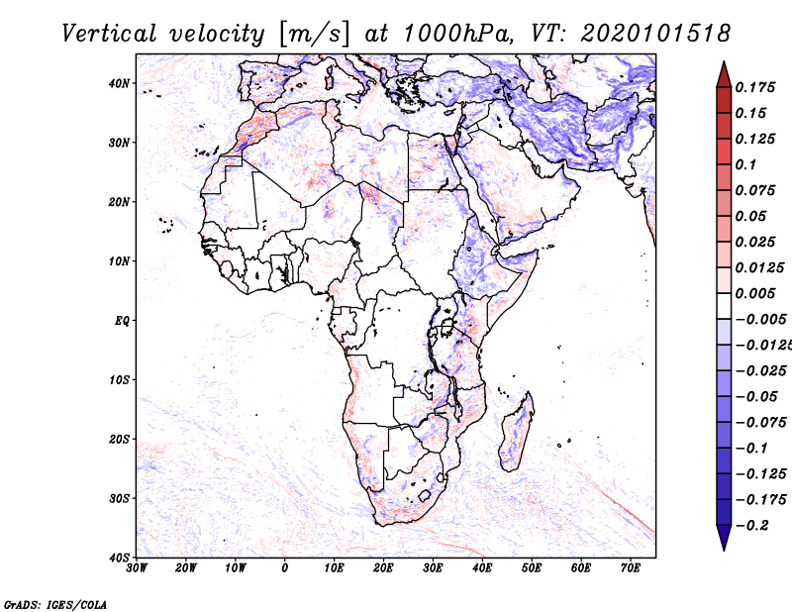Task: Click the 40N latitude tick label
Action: (119, 83)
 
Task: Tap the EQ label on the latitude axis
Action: (122, 321)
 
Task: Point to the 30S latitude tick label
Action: (119, 499)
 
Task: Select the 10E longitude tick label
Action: (334, 568)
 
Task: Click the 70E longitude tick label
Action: (631, 568)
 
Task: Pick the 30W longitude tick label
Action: (137, 568)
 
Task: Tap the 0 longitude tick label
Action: (285, 568)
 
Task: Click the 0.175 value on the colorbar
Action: (755, 87)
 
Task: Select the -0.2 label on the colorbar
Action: (752, 526)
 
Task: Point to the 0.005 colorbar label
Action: (755, 293)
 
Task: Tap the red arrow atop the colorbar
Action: (724, 74)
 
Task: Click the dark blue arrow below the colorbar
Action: (724, 538)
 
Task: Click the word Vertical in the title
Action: (109, 34)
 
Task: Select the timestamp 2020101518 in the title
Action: (655, 34)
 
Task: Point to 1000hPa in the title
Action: (456, 34)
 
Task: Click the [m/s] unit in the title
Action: (314, 35)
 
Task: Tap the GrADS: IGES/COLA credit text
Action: (55, 604)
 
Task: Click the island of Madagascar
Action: (517, 431)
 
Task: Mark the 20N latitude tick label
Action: (119, 202)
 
